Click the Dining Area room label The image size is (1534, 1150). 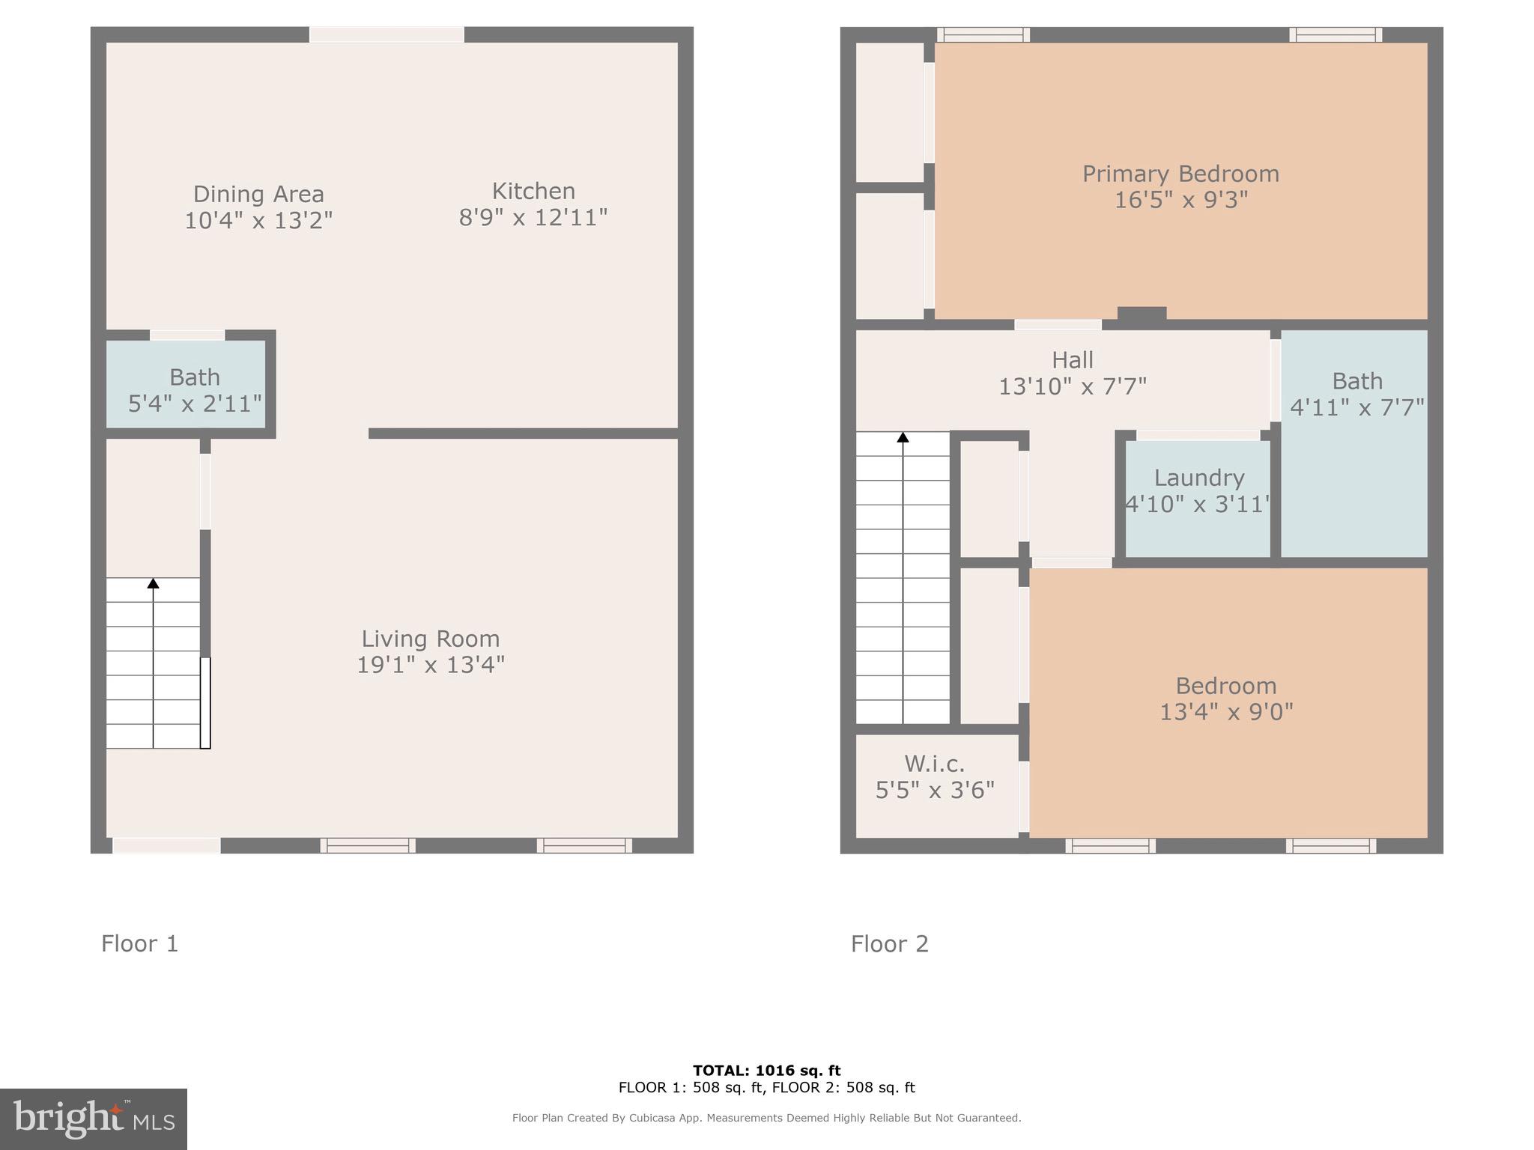pos(258,194)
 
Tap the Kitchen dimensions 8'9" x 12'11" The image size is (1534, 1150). pos(533,218)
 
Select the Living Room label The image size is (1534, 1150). pos(430,639)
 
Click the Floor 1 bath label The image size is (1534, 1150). pos(195,377)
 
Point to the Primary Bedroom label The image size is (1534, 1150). pos(1180,174)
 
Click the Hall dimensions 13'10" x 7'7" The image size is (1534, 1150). pos(1073,386)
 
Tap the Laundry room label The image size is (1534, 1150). pos(1199,478)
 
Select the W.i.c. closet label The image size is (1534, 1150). pos(935,764)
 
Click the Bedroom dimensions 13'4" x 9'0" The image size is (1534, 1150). pos(1226,712)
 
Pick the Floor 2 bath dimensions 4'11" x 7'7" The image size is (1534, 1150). pos(1357,407)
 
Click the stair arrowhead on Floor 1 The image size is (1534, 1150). pos(154,583)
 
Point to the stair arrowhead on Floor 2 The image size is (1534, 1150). pos(903,437)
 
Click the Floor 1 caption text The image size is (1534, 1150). pos(140,943)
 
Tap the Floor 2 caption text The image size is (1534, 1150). pos(890,943)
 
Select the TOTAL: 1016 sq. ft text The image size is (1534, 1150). pos(766,1071)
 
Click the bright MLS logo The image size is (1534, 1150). pos(94,1119)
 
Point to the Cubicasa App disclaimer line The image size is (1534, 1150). pos(766,1118)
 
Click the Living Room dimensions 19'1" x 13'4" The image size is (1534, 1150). pos(430,665)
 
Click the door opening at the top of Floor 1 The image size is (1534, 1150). pos(386,34)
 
